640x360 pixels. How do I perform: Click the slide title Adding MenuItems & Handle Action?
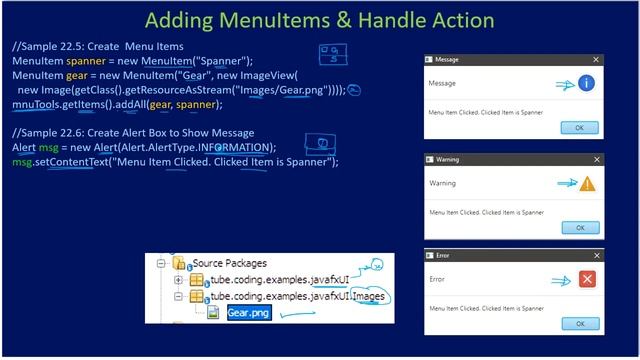tap(320, 20)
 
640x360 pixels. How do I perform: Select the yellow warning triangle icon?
tap(587, 184)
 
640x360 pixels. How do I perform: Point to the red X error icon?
tap(588, 281)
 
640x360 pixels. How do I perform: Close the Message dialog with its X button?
tap(597, 60)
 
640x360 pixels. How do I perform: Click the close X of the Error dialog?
tap(597, 255)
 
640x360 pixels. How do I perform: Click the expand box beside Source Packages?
tap(162, 265)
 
